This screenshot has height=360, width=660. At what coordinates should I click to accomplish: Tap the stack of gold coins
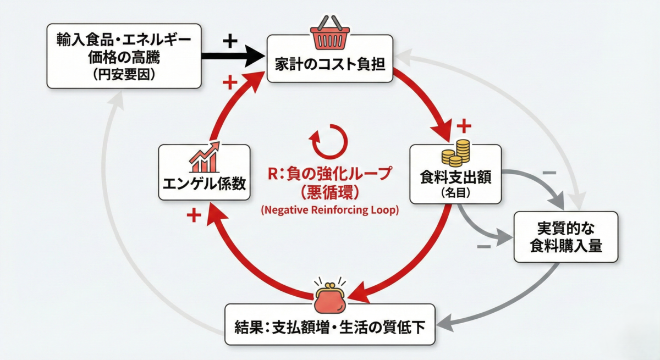[455, 153]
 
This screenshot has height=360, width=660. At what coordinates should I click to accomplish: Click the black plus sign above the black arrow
[230, 41]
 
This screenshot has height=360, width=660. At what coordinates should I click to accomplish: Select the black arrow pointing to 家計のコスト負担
[233, 56]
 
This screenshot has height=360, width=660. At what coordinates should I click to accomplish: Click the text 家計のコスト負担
[330, 64]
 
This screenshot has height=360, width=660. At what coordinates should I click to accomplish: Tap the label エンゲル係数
[204, 184]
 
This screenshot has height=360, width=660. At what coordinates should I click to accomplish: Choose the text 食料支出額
[455, 177]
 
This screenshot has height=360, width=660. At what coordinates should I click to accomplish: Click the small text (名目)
[455, 193]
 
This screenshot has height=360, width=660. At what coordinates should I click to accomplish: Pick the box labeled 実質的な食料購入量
[566, 237]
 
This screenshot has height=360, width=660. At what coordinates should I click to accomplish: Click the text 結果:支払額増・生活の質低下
[329, 326]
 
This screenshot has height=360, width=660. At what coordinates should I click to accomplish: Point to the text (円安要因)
[124, 74]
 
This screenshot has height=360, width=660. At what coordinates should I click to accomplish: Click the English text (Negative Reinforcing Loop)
[329, 210]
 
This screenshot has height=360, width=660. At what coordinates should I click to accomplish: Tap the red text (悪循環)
[329, 193]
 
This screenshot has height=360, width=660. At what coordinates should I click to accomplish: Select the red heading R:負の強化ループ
[329, 173]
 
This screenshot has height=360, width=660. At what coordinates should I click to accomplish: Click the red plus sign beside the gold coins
[464, 126]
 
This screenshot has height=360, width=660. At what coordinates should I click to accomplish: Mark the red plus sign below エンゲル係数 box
[194, 215]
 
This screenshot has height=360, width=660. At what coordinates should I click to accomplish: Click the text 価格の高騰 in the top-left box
[124, 57]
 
